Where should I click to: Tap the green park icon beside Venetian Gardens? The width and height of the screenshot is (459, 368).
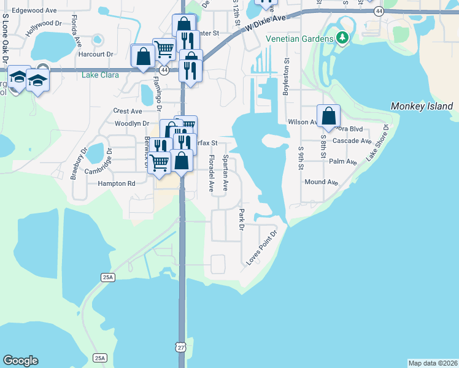[x=342, y=39]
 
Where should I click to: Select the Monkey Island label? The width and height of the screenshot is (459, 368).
[x=422, y=107]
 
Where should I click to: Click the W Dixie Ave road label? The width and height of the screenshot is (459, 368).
[x=264, y=24]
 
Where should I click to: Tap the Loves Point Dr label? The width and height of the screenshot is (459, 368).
[x=263, y=247]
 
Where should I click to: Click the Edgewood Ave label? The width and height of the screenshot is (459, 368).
[x=34, y=10]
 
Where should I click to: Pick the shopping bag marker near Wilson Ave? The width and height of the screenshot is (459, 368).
[x=328, y=116]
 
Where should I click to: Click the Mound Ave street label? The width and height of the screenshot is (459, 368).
[x=322, y=182]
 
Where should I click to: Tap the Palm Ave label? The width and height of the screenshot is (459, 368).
[x=342, y=162]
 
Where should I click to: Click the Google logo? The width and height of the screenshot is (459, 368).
[x=20, y=361]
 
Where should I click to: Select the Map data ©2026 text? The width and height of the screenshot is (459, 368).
[x=433, y=363]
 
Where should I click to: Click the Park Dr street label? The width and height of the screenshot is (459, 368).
[x=242, y=219]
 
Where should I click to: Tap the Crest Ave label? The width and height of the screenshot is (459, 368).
[x=128, y=111]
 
